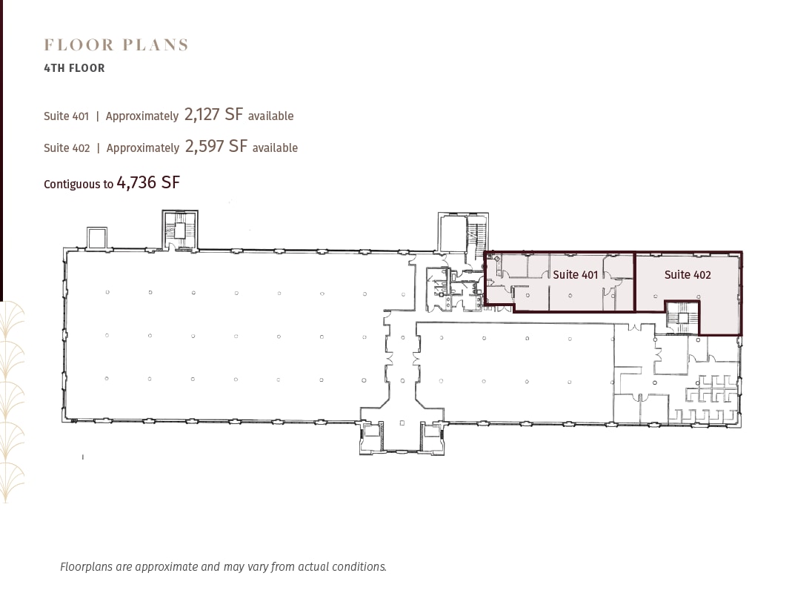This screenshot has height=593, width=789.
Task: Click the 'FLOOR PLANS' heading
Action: point(116,45)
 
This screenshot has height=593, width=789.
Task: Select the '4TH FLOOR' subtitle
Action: point(74,68)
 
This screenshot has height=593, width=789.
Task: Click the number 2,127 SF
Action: point(213,114)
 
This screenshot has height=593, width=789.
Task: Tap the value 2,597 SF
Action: point(216,146)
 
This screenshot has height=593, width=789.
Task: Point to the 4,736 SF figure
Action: point(148,182)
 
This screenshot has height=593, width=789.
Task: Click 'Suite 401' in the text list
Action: point(66,116)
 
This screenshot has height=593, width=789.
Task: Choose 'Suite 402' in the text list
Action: point(67,148)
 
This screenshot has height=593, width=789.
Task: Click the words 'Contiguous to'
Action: point(78,184)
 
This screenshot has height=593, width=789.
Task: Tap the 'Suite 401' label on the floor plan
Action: point(575,275)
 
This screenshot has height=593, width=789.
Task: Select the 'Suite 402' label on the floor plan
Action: point(688,275)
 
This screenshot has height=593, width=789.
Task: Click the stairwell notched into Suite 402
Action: point(681,317)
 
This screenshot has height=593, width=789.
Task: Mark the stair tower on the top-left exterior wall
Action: point(180,231)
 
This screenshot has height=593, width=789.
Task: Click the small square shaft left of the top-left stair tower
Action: point(97,238)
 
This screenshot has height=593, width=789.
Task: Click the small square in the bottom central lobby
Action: point(402,423)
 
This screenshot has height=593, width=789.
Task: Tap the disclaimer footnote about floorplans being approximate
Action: point(223,567)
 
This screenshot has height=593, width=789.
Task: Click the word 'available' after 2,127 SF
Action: point(270,116)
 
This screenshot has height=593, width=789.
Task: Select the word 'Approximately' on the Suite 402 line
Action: point(142,148)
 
